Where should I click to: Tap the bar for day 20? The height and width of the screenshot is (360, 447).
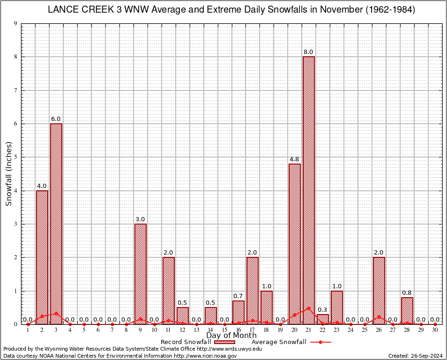click(295, 244)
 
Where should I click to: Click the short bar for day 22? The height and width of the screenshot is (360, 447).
click(323, 319)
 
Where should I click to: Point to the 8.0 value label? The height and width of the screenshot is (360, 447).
click(308, 52)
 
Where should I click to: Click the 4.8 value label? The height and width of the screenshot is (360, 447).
click(294, 159)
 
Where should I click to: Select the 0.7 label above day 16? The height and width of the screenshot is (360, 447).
click(238, 296)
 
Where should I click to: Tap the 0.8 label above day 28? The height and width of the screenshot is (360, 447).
click(407, 293)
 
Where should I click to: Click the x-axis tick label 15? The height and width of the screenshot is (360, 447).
click(224, 330)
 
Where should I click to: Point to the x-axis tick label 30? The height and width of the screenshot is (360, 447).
click(435, 330)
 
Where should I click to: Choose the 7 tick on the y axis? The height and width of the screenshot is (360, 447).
click(15, 90)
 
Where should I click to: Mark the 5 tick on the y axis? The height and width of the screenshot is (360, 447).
click(15, 157)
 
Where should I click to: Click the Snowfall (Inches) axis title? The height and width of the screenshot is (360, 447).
click(8, 174)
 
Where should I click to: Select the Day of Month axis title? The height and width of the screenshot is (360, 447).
click(231, 336)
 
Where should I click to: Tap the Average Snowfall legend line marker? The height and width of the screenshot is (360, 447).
click(320, 342)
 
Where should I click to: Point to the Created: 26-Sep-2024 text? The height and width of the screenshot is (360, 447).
click(416, 356)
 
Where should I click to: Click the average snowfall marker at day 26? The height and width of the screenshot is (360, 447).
click(379, 317)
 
